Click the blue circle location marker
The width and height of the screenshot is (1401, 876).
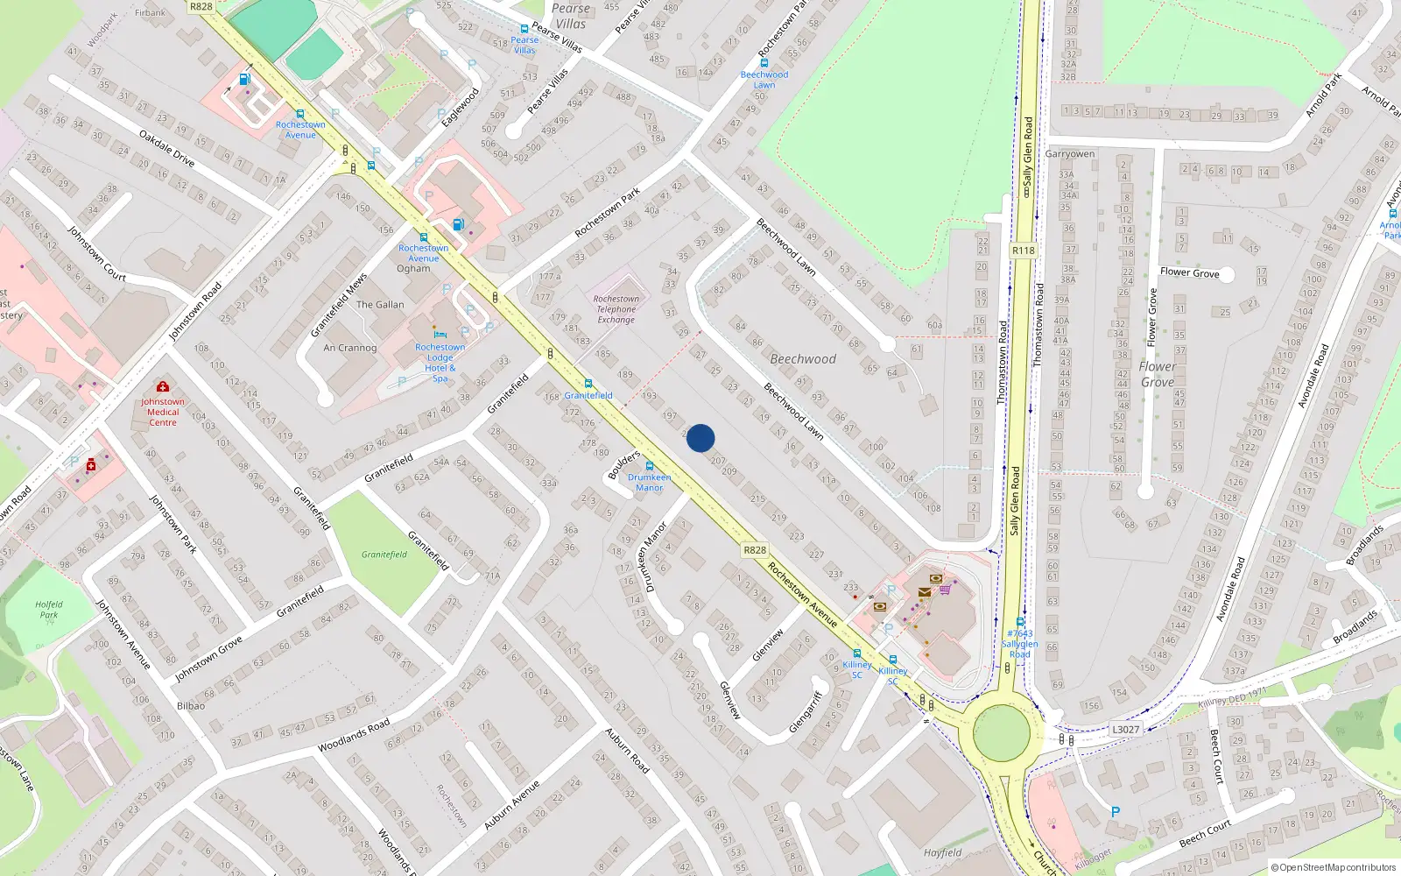(x=700, y=438)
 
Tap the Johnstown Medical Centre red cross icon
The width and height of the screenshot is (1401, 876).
(x=162, y=386)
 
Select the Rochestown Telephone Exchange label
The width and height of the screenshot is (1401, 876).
(x=616, y=309)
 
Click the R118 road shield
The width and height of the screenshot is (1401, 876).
(x=1023, y=251)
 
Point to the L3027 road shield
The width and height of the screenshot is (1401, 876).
(x=1126, y=730)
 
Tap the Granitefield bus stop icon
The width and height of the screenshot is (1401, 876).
(x=588, y=384)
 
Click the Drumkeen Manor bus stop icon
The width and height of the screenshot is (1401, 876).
(x=650, y=466)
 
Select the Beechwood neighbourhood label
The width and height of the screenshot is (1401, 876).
(x=803, y=359)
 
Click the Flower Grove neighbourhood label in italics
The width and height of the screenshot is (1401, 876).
(x=1158, y=374)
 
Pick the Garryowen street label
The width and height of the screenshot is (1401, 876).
(x=1070, y=154)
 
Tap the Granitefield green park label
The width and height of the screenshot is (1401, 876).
(x=384, y=555)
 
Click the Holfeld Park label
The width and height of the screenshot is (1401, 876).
(x=49, y=610)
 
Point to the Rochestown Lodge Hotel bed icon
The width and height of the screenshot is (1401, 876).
(x=440, y=335)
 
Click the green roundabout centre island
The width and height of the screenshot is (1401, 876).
(x=1001, y=733)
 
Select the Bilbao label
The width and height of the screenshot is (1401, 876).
(x=191, y=705)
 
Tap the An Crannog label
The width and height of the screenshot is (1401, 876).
(x=350, y=348)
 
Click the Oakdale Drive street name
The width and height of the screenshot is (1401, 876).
(x=166, y=148)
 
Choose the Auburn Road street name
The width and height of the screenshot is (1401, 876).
(x=628, y=750)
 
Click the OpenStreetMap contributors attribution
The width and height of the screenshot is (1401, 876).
(x=1334, y=867)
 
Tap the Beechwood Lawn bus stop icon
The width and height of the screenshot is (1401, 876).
(x=764, y=63)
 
